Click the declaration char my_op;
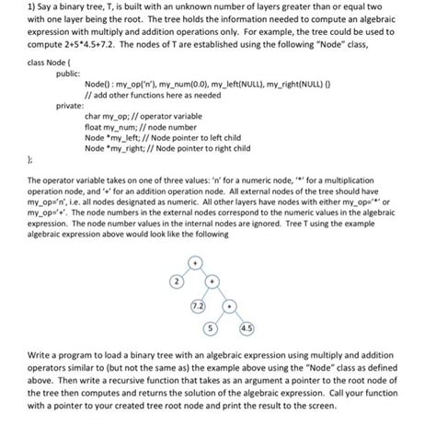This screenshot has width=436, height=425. tap(106, 118)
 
